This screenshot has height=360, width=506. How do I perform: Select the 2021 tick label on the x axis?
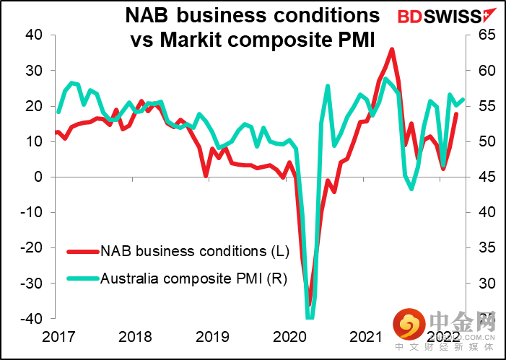365,335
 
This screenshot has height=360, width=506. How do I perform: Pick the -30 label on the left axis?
32,283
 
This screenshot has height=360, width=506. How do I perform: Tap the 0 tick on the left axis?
40,177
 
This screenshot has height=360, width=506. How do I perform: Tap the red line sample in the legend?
82,252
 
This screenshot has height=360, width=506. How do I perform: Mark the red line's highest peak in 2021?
392,49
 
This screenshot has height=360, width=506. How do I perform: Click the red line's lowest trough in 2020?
309,304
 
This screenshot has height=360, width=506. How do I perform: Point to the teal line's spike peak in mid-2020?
328,86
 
